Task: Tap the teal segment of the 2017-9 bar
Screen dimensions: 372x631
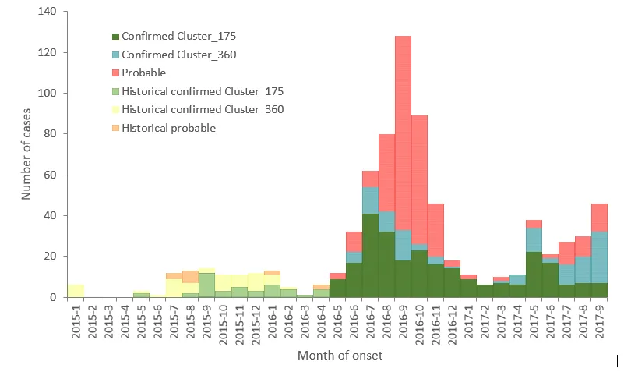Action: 599,257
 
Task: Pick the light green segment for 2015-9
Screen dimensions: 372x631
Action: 206,285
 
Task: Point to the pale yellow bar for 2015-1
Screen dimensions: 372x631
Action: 76,291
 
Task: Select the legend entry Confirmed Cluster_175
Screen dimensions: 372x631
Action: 174,36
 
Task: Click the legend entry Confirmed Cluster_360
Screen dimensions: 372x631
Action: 174,55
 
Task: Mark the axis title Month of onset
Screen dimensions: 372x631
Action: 339,356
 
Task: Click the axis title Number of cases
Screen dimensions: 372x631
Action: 26,154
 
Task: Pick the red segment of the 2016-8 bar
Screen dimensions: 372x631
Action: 386,172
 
